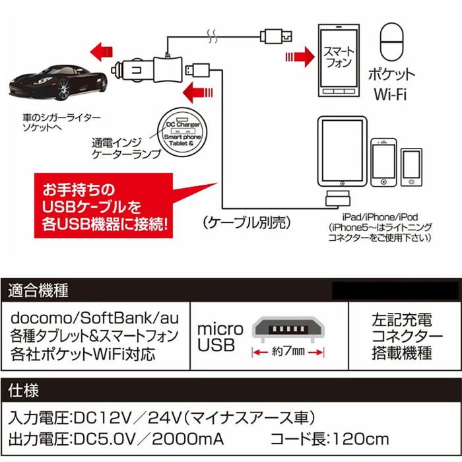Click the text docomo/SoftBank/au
click(x=92, y=319)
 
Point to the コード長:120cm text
click(x=329, y=439)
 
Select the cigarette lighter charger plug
click(x=148, y=66)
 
